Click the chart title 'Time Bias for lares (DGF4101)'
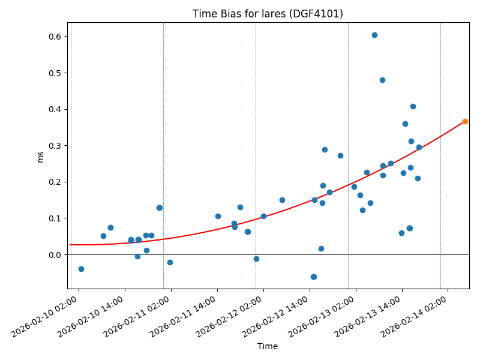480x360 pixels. tap(268, 14)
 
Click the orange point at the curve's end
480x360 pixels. tap(465, 121)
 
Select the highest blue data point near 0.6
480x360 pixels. tap(374, 35)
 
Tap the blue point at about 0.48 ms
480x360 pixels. tap(382, 80)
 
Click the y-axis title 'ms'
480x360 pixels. tap(41, 157)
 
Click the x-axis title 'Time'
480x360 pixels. tap(268, 346)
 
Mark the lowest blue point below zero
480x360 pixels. tap(313, 277)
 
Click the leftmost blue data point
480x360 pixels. tap(81, 269)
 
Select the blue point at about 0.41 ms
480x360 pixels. tap(413, 106)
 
